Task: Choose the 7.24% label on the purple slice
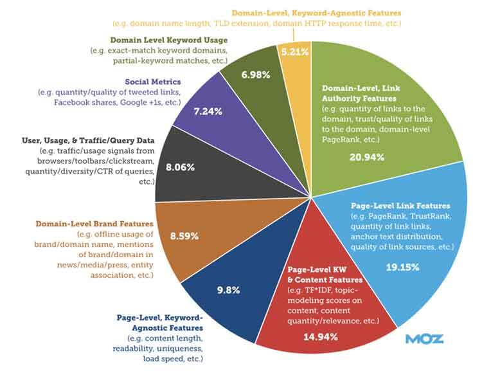pos(208,111)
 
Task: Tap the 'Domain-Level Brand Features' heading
pos(94,223)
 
